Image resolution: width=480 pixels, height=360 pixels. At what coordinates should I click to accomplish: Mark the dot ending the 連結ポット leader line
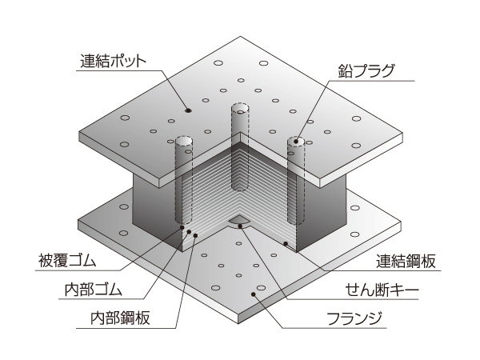click(189, 110)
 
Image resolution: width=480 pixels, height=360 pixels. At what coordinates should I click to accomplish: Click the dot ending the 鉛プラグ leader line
click(296, 142)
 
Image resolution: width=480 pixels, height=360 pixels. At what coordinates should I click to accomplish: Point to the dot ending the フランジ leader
click(254, 295)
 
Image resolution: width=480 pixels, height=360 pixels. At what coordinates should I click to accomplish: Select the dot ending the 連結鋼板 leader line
click(286, 242)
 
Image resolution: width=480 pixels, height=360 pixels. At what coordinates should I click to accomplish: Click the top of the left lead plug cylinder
click(184, 142)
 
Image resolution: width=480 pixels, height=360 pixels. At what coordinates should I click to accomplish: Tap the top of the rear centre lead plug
click(240, 107)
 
